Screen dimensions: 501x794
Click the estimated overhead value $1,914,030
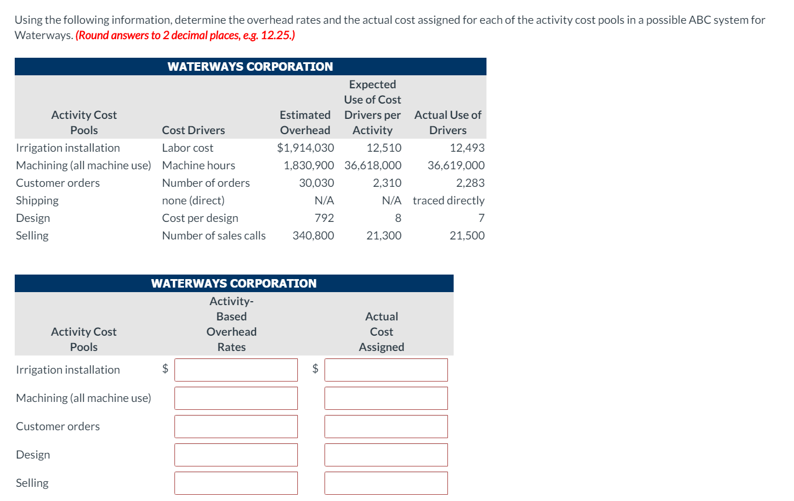pyautogui.click(x=305, y=148)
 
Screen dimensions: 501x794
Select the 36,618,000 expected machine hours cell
pyautogui.click(x=373, y=165)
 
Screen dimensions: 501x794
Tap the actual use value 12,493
pyautogui.click(x=467, y=148)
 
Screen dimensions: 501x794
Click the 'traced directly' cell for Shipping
pyautogui.click(x=448, y=200)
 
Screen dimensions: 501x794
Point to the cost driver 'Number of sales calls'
pyautogui.click(x=214, y=235)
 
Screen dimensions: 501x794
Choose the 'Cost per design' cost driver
pyautogui.click(x=200, y=218)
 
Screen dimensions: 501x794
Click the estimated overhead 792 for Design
pyautogui.click(x=324, y=218)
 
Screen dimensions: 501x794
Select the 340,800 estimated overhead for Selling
pyautogui.click(x=313, y=235)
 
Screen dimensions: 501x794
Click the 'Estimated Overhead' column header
pyautogui.click(x=305, y=122)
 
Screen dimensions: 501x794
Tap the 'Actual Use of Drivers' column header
pyautogui.click(x=447, y=122)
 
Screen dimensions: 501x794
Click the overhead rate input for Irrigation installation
pyautogui.click(x=236, y=370)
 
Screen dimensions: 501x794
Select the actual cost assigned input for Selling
pyautogui.click(x=386, y=483)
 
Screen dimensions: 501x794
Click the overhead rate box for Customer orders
pyautogui.click(x=236, y=426)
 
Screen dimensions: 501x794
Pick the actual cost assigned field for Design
pyautogui.click(x=386, y=455)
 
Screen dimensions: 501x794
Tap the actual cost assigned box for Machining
pyautogui.click(x=386, y=398)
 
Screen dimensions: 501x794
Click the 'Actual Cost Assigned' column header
pyautogui.click(x=381, y=332)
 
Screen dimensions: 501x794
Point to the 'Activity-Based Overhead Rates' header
pyautogui.click(x=231, y=324)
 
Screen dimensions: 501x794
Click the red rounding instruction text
pyautogui.click(x=185, y=35)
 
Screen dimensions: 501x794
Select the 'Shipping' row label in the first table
pyautogui.click(x=37, y=200)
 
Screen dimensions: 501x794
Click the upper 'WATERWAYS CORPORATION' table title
pyautogui.click(x=250, y=67)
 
